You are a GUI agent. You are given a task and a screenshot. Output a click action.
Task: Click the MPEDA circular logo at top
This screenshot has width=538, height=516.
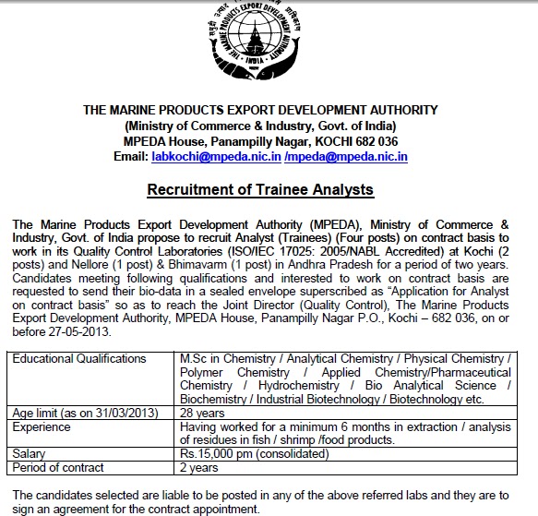(x=261, y=47)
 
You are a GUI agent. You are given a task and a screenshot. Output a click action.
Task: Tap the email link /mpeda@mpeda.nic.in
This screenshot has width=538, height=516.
(x=346, y=158)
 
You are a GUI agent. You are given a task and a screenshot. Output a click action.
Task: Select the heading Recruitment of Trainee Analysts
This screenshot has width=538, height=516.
(x=260, y=190)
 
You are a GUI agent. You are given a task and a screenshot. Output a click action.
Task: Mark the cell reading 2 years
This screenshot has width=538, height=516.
(x=198, y=467)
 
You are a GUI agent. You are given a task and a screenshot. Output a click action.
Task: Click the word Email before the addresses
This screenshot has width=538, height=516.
(x=130, y=158)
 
